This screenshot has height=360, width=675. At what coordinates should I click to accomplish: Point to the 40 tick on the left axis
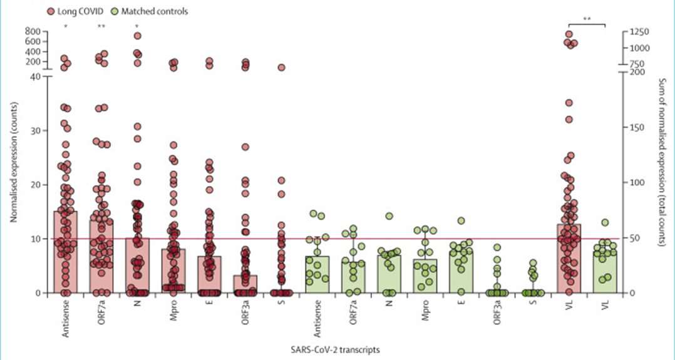(x=36, y=76)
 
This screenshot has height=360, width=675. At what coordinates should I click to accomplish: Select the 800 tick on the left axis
(x=33, y=31)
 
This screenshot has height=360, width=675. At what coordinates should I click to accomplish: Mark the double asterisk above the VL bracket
(x=587, y=19)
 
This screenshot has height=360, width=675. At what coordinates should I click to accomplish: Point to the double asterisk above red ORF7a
(x=101, y=26)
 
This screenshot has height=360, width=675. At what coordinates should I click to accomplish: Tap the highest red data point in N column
(x=137, y=36)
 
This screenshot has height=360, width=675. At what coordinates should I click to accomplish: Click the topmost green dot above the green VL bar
(x=605, y=222)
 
